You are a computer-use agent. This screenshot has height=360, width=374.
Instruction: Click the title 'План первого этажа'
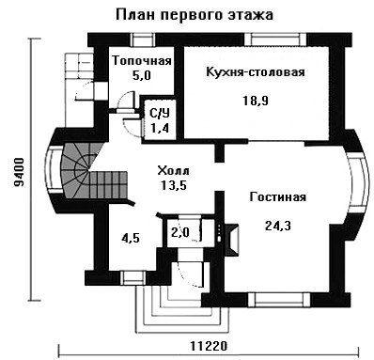coord(195,15)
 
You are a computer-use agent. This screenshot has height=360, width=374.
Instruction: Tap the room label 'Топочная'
coord(142,60)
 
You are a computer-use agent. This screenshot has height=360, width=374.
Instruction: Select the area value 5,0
coord(142,75)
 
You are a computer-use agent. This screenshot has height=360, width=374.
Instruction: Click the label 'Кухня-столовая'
coord(256,71)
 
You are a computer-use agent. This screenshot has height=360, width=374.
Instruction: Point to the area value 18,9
coord(256,101)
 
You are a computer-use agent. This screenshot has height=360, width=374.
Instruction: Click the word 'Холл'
coord(173,171)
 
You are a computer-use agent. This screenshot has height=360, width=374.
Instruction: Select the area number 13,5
coord(174,185)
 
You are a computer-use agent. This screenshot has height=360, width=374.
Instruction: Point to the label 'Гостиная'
coord(278,197)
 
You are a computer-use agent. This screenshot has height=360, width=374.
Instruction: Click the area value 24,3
coord(278,225)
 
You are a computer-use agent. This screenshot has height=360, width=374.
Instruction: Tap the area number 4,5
coord(131,239)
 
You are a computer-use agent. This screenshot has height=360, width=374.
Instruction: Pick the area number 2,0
coord(180,232)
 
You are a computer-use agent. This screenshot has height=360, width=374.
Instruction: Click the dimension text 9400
coord(19,172)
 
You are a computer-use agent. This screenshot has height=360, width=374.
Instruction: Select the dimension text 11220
coord(209,346)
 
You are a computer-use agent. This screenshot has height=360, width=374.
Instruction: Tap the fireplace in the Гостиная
coord(231,239)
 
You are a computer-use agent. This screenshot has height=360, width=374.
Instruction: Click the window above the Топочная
coord(142,39)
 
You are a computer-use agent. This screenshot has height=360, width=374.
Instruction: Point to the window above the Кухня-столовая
coord(275,39)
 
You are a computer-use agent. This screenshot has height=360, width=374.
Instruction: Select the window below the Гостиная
coord(281,300)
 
